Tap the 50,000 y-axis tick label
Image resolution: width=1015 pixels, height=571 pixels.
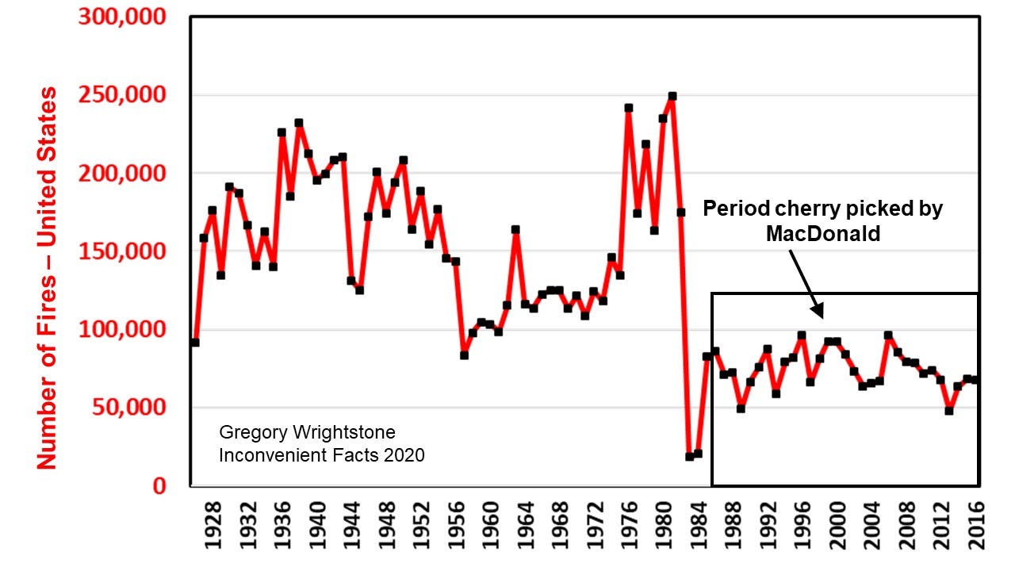133,408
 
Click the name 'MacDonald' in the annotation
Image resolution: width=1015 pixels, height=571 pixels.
823,235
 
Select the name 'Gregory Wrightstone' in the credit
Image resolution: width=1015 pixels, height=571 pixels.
307,433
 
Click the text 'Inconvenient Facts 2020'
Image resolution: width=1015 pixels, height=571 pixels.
322,455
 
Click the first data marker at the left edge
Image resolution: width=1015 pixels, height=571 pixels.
195,343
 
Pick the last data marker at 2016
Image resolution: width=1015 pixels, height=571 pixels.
975,380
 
